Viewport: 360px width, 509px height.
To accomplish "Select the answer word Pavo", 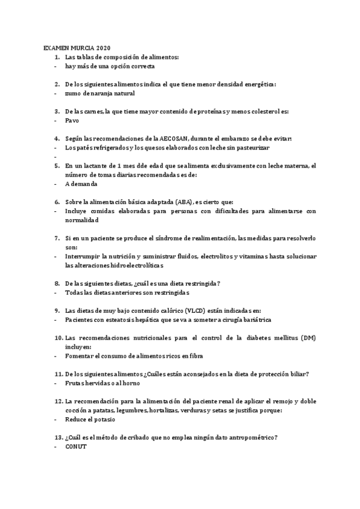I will point(72,120).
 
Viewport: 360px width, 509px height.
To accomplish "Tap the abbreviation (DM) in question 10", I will point(308,337).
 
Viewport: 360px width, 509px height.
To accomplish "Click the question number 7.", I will point(56,238).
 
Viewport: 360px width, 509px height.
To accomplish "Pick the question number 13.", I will point(58,437).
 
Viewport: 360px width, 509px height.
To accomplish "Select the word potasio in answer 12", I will point(107,419).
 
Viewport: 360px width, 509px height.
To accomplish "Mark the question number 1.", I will point(56,56).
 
